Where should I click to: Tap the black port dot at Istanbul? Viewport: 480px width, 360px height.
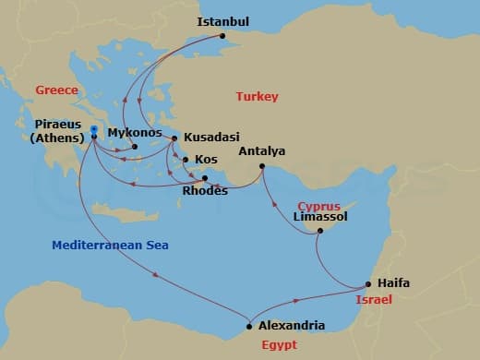tap(222, 38)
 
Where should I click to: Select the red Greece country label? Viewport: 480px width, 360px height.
tap(55, 90)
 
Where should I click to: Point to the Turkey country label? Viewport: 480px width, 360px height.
tap(257, 96)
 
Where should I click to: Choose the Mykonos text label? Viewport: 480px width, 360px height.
tap(135, 132)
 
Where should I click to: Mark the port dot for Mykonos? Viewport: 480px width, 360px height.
tap(135, 147)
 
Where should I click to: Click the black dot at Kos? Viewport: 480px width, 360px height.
tap(186, 160)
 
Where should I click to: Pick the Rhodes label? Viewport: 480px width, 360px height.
tap(206, 191)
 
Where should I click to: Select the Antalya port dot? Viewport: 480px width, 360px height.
tap(262, 166)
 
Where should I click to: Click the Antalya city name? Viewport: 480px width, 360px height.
tap(261, 150)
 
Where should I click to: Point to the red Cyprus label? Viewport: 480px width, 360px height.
tap(319, 205)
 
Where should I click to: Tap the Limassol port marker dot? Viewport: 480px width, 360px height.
tap(319, 231)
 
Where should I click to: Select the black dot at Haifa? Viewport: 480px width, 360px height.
tap(368, 284)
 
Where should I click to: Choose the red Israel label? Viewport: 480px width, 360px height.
tap(375, 301)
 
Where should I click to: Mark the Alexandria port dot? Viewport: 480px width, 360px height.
tap(249, 326)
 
